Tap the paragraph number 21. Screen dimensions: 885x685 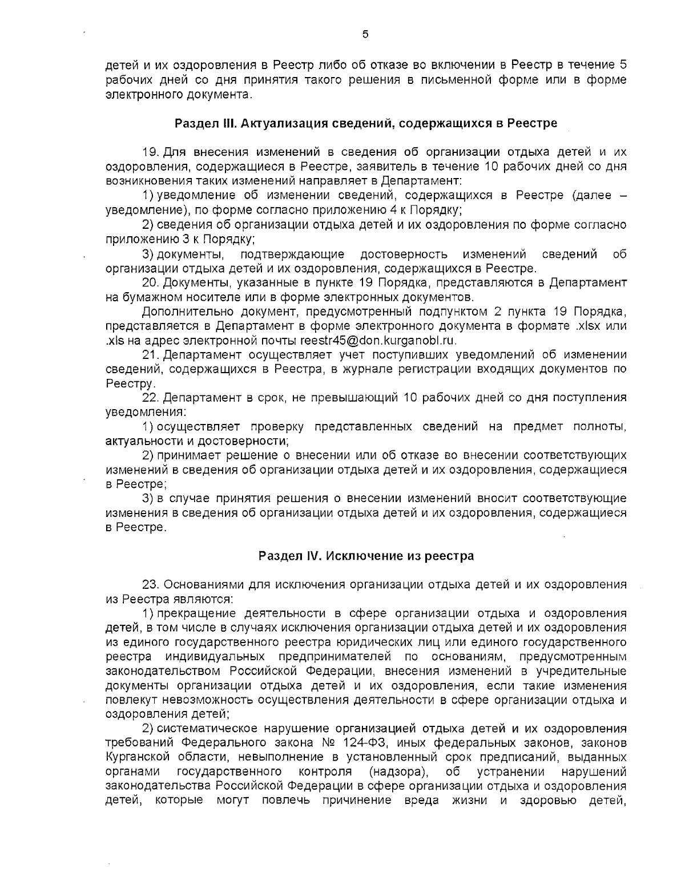click(x=151, y=355)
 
